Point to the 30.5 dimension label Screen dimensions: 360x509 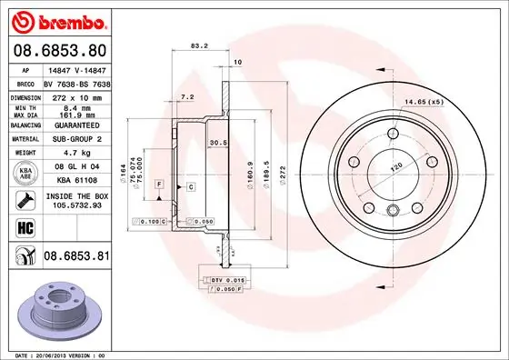(x=218, y=143)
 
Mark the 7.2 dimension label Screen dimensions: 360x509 (x=187, y=96)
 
